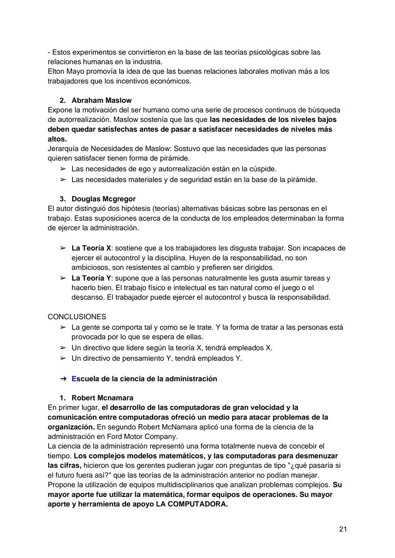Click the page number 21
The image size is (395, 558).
(343, 529)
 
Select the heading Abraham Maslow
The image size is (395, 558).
(101, 100)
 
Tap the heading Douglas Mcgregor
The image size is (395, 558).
(104, 199)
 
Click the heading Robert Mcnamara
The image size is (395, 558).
(102, 398)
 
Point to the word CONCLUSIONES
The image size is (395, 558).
(77, 317)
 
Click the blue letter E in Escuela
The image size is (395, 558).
(74, 379)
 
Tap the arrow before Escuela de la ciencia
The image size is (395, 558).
(63, 379)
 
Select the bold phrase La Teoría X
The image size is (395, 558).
(91, 248)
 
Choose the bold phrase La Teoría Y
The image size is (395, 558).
(91, 278)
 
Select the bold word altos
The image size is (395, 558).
(57, 139)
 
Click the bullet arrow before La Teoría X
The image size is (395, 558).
(63, 248)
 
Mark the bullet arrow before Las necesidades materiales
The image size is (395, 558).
(63, 180)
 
